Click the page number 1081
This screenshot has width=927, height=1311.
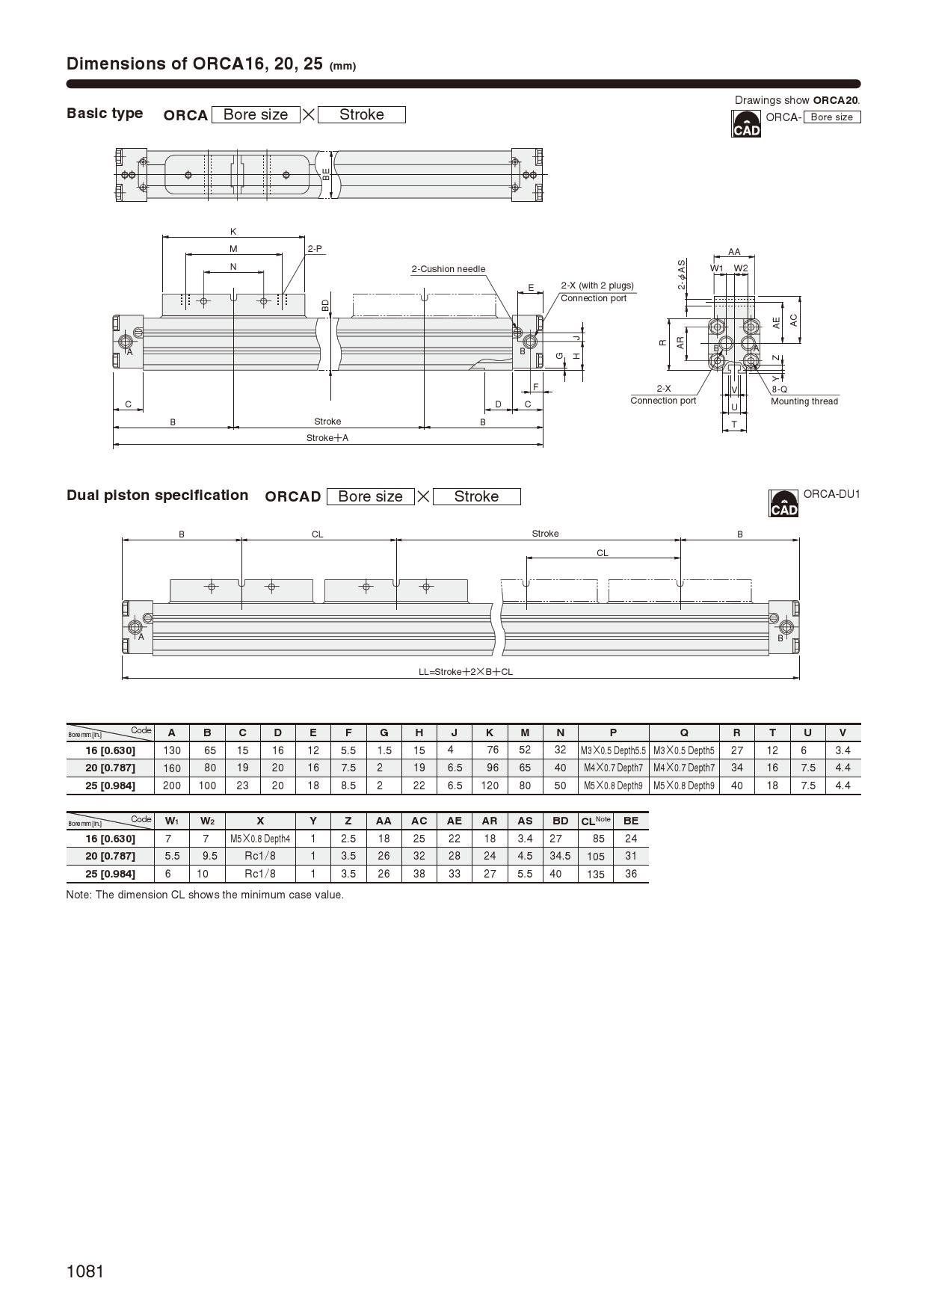[85, 1271]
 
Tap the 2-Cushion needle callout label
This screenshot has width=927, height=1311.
[448, 269]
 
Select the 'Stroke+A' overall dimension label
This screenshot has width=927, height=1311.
[327, 438]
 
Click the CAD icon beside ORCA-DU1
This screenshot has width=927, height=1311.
[783, 504]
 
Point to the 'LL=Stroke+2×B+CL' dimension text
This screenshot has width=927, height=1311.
[466, 672]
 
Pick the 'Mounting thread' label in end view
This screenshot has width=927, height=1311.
[804, 401]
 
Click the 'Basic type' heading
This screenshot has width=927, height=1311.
[105, 114]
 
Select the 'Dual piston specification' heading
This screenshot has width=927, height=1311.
[157, 496]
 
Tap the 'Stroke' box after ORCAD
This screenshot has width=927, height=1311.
[476, 496]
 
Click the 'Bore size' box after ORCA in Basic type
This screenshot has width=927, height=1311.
[256, 114]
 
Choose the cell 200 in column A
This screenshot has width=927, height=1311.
[171, 786]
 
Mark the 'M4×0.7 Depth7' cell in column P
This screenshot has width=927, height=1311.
[613, 768]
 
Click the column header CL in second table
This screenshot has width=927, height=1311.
[595, 821]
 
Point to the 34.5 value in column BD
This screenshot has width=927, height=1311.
[560, 856]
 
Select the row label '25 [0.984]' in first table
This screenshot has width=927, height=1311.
[110, 786]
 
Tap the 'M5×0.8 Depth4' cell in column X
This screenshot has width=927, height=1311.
[260, 839]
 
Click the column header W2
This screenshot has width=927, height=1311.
[207, 821]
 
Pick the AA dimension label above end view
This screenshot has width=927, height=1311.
[734, 252]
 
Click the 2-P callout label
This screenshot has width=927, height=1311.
[315, 248]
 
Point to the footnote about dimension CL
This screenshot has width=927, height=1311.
[205, 895]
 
